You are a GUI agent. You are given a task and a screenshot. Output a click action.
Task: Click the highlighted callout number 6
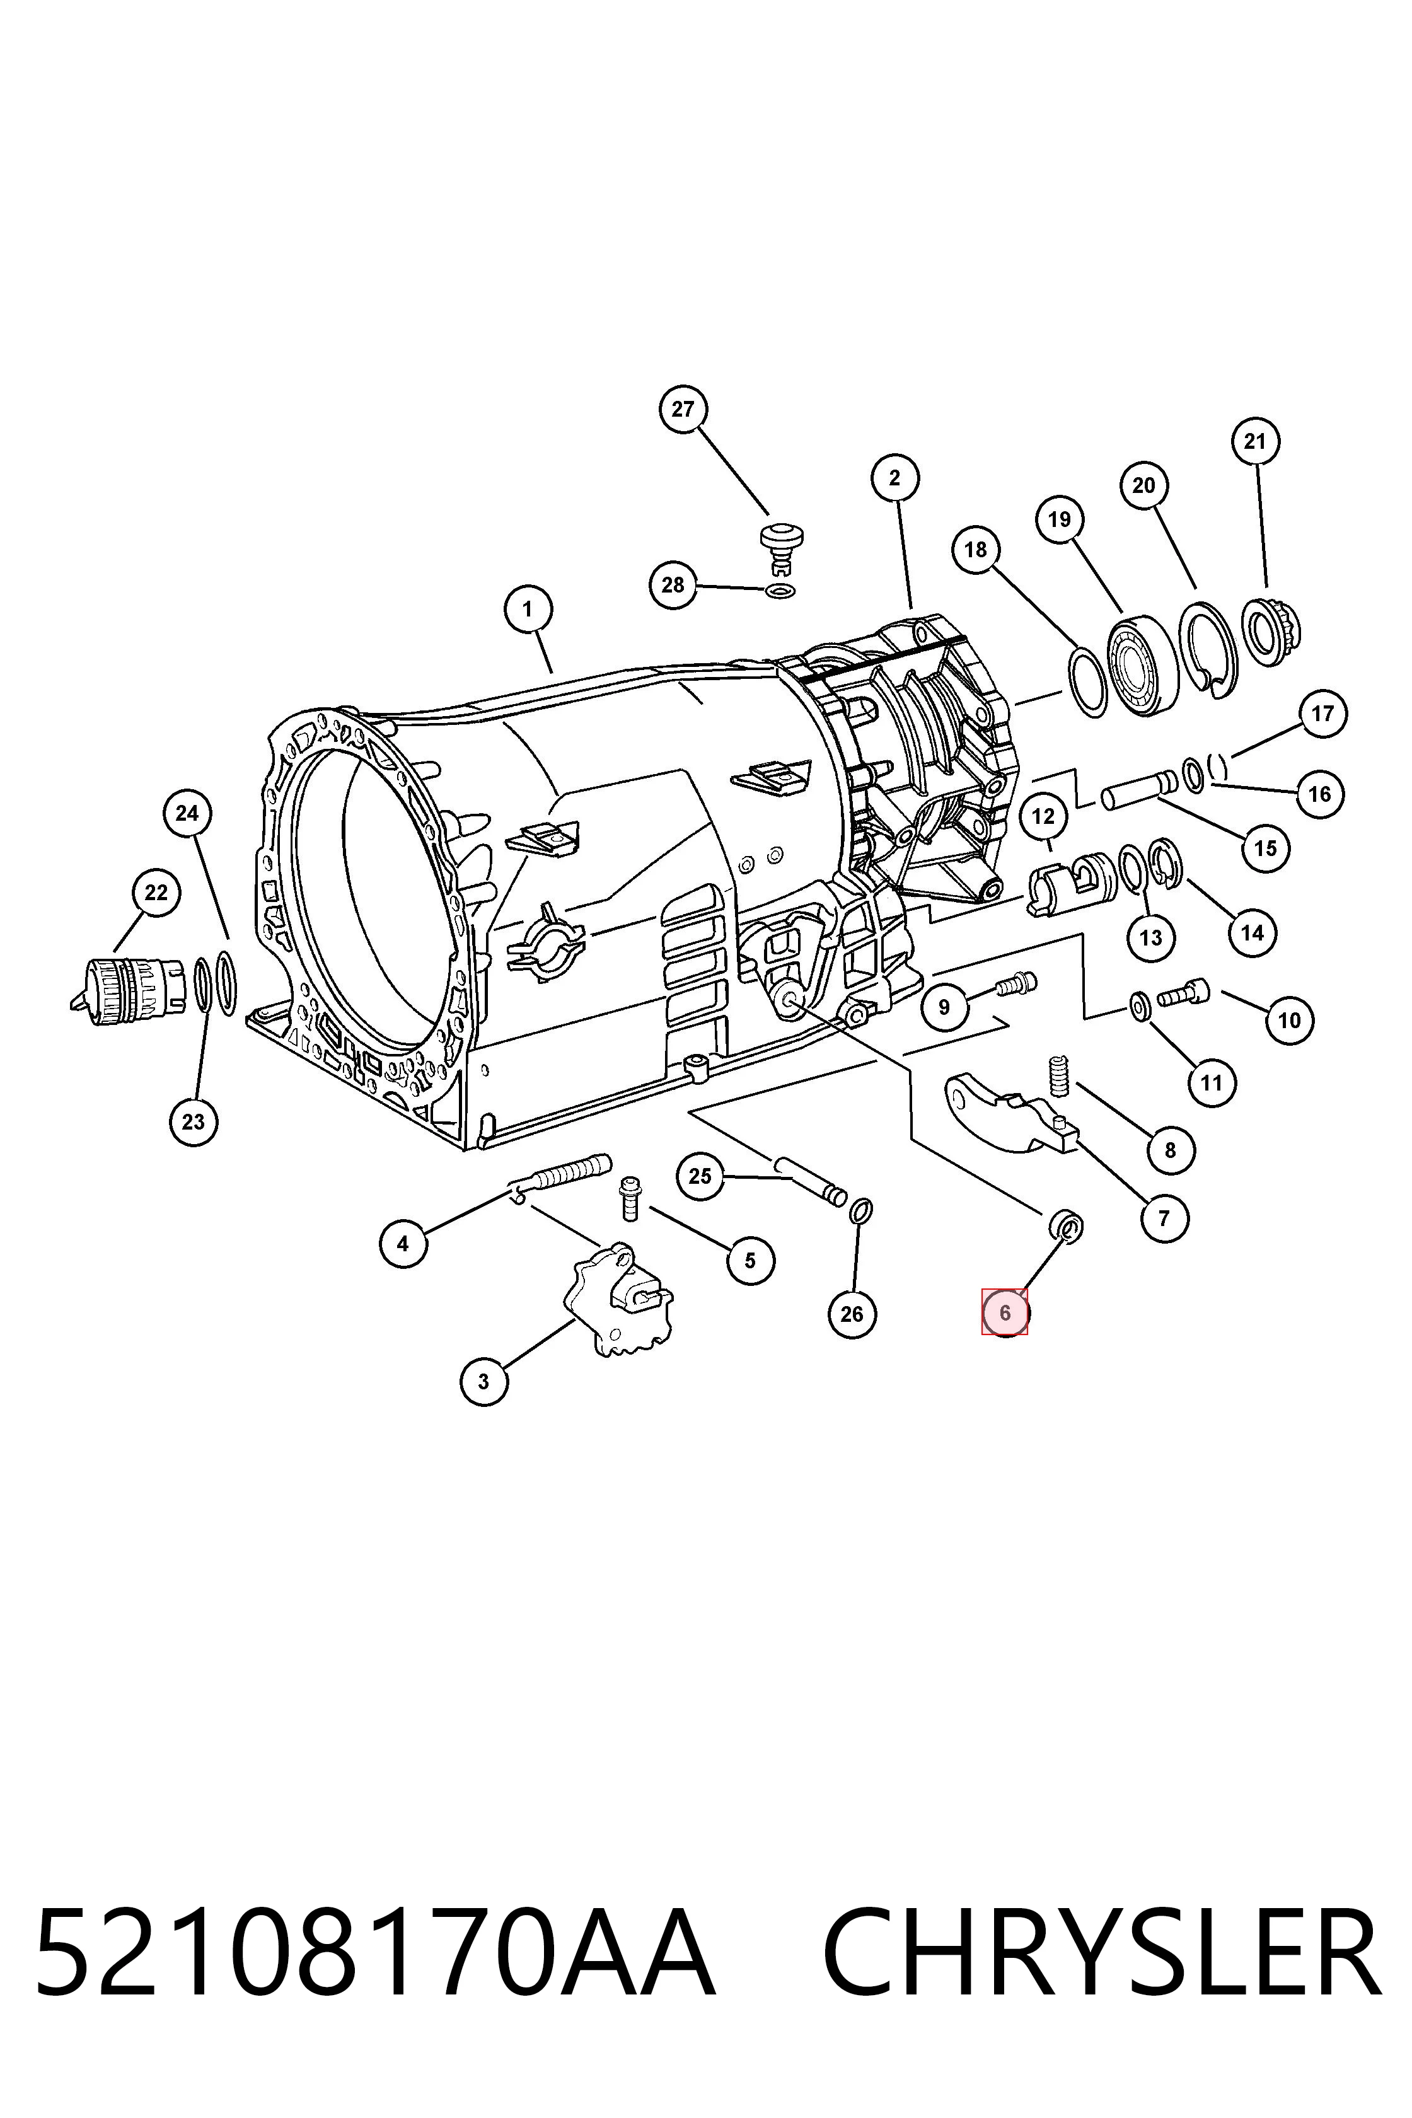[x=1005, y=1313]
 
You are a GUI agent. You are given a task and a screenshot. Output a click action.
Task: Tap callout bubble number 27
[x=683, y=410]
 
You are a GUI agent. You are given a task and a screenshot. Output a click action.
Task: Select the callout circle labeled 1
[x=528, y=610]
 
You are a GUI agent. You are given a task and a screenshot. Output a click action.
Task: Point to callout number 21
[x=1254, y=441]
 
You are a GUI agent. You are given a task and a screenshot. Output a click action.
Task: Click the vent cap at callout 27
[x=781, y=545]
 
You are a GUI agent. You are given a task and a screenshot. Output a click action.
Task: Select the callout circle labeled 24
[x=187, y=814]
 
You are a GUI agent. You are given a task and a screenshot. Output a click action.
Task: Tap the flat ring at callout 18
[x=1089, y=681]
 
